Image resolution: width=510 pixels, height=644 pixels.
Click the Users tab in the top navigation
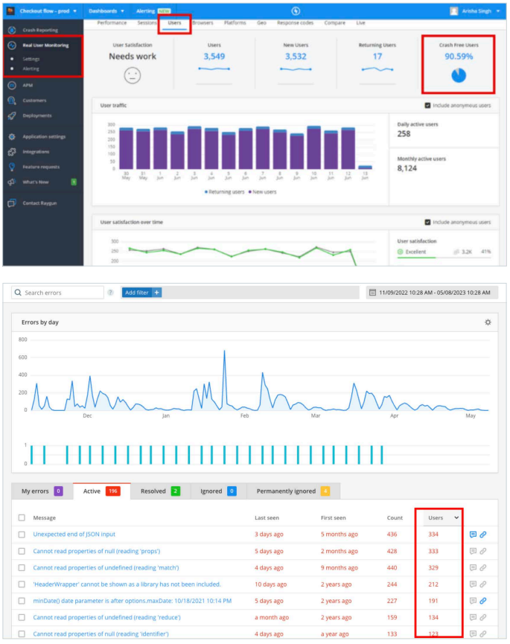174,23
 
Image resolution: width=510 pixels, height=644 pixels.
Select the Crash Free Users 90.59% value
459,56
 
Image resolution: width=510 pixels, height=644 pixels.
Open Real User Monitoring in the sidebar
45,45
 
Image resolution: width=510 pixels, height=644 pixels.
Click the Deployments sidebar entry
36,115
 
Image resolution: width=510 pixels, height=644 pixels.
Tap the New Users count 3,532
296,56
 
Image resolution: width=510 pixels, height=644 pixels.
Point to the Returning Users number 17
377,56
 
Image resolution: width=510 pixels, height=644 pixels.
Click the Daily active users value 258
404,134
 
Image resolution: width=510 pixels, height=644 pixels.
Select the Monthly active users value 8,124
408,168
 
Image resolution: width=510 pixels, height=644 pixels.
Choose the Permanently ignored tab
286,491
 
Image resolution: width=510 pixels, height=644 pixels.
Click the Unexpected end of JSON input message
74,534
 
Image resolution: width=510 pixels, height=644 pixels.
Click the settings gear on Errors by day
488,322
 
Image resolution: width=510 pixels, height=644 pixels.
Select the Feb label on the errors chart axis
244,416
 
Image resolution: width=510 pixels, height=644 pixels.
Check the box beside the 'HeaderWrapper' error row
22,584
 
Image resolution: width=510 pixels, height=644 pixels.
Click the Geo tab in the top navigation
262,23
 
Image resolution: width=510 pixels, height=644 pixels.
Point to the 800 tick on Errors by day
22,339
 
